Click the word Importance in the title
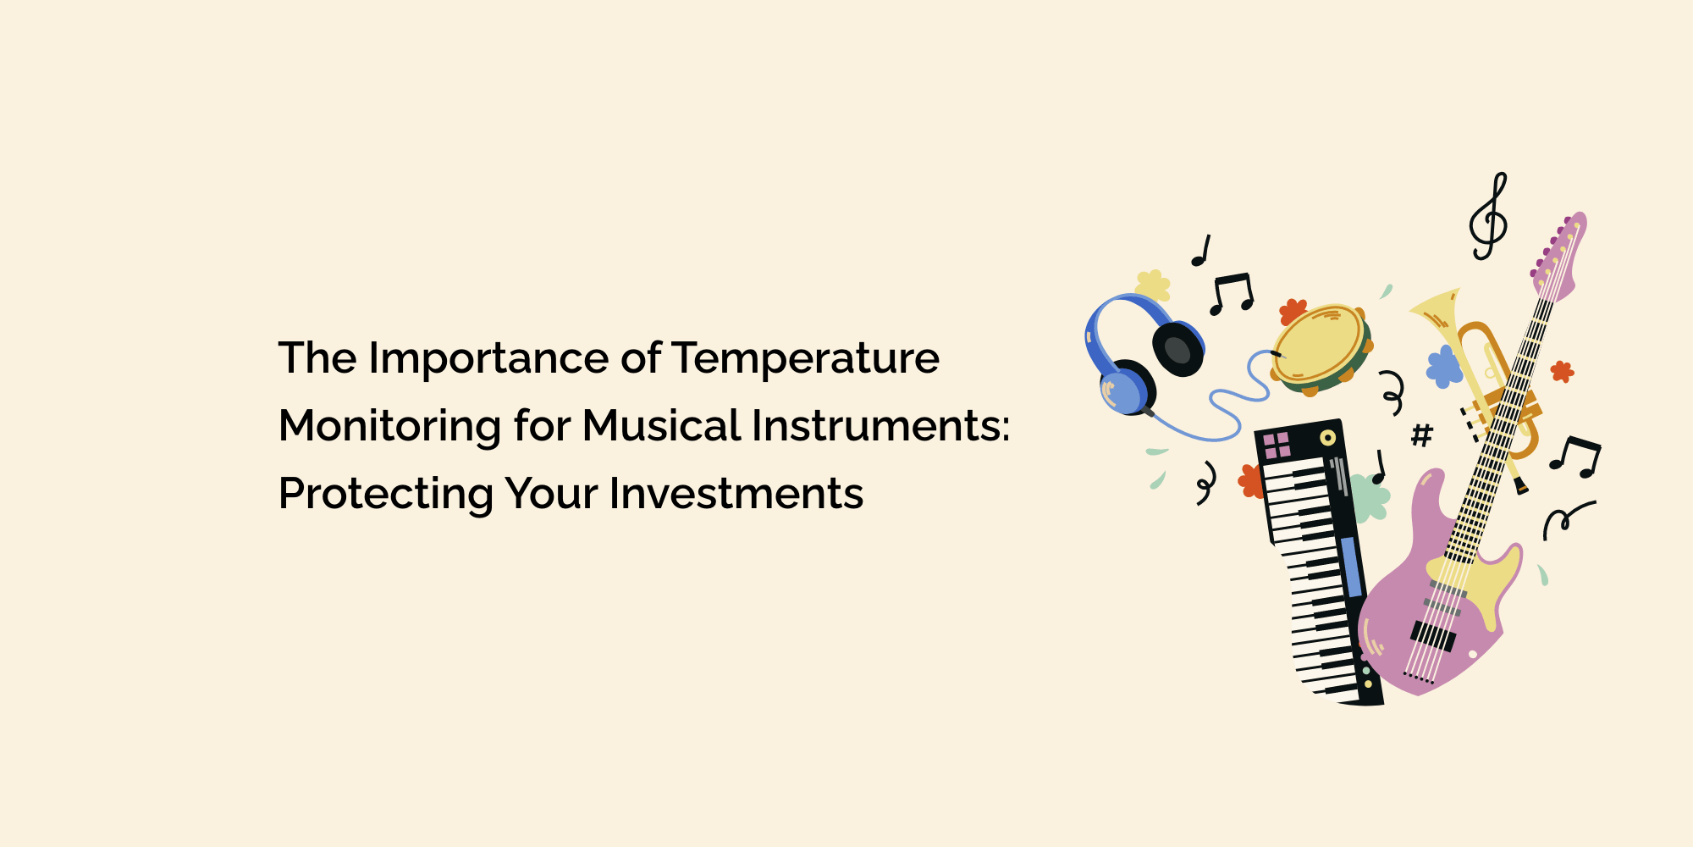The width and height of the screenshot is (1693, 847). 489,359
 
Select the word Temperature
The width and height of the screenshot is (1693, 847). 806,359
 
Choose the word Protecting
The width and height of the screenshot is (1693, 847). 386,495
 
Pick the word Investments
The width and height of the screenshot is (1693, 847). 736,494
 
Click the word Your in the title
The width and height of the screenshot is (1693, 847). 552,494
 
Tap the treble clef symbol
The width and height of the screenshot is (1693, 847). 1489,217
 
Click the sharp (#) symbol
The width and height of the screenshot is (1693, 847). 1422,435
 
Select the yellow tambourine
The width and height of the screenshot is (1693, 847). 1321,347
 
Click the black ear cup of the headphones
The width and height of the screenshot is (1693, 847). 1178,347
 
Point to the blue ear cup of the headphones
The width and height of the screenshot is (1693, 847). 1122,392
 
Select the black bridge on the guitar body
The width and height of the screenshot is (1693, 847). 1432,635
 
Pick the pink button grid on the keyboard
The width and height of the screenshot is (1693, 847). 1277,445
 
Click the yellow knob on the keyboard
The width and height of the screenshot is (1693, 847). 1327,438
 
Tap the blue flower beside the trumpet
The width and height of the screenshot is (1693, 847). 1444,366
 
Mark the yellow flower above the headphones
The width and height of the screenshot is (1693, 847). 1153,285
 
